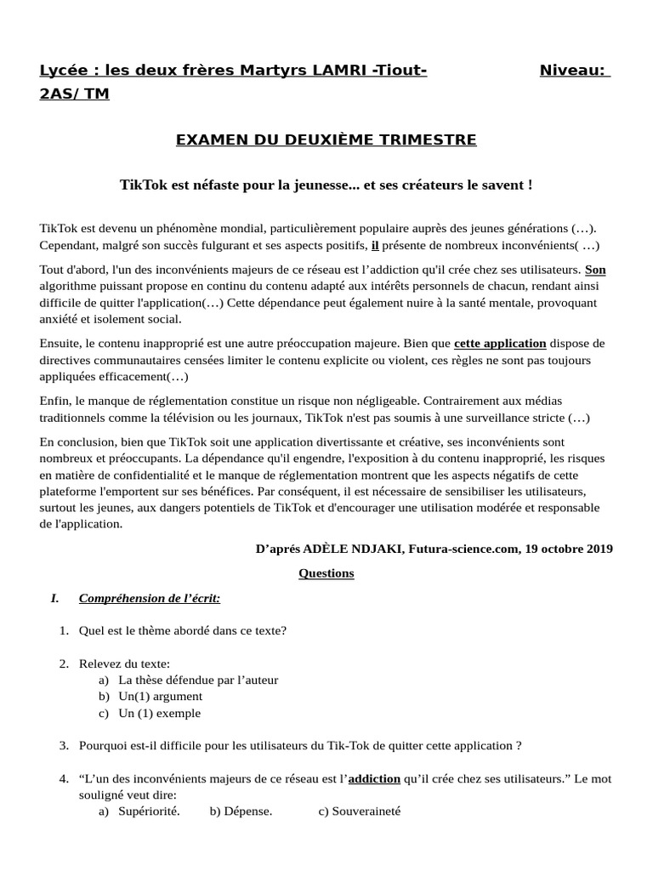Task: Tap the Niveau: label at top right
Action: click(574, 70)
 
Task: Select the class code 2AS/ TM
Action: click(74, 94)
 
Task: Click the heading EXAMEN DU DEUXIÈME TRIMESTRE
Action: click(326, 139)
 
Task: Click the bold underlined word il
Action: click(375, 245)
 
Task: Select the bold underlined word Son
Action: click(595, 270)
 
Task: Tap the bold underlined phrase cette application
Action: click(500, 344)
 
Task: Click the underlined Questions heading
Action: click(326, 573)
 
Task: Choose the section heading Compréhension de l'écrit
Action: click(149, 598)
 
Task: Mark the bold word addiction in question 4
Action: click(374, 778)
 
